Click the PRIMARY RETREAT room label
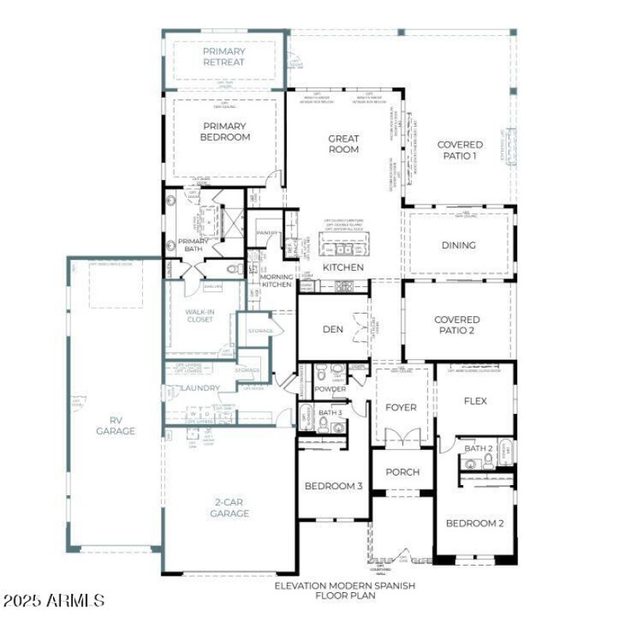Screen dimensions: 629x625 223,57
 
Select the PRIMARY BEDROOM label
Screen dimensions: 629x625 224,131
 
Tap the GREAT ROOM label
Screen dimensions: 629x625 344,144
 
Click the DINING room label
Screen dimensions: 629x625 459,245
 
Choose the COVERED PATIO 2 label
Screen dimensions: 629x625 457,325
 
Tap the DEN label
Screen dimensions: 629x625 333,329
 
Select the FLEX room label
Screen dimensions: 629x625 475,401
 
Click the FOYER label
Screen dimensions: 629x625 402,408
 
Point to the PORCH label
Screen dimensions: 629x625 402,472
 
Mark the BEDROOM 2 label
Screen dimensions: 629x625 475,523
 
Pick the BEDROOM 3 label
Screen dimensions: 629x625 334,486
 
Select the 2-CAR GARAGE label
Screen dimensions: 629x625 230,508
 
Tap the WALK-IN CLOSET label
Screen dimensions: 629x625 199,315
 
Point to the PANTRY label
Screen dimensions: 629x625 267,232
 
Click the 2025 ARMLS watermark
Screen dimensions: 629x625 53,601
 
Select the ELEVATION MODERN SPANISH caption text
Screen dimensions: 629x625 345,585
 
